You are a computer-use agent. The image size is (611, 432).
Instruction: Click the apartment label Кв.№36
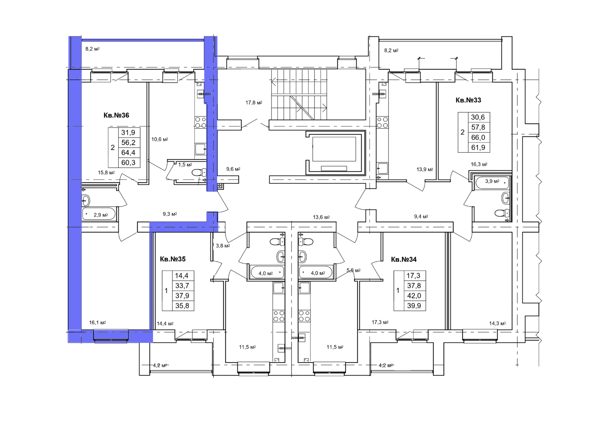click(116, 115)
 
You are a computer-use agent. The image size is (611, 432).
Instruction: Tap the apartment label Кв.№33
click(468, 100)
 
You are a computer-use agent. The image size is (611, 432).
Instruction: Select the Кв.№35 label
click(173, 259)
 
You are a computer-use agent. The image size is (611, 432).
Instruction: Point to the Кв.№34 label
click(404, 259)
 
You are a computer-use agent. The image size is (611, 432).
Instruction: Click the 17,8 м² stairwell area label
click(254, 103)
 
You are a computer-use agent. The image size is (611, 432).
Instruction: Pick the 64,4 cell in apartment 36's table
click(128, 152)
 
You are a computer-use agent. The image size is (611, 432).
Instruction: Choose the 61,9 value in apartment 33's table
click(478, 148)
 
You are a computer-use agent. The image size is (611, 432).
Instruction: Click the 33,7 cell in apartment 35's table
click(182, 286)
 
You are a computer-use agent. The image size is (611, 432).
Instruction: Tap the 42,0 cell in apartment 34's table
click(414, 296)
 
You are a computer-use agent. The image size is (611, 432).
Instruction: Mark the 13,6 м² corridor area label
click(321, 217)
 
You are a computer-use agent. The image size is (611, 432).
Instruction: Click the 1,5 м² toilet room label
click(185, 165)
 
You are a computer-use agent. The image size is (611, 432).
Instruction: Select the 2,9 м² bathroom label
click(101, 215)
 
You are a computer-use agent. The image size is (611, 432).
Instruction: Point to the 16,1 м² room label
click(97, 322)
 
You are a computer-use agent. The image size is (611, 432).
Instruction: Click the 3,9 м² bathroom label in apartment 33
click(492, 181)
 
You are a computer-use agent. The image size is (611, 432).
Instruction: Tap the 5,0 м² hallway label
click(354, 270)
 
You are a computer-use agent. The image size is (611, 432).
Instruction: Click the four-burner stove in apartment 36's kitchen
click(200, 123)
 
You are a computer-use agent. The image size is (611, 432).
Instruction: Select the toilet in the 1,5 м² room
click(199, 173)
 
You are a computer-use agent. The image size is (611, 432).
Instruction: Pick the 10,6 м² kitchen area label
click(160, 139)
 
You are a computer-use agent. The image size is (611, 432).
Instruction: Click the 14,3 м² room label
click(498, 324)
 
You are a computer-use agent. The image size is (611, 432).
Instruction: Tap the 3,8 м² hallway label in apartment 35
click(223, 246)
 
